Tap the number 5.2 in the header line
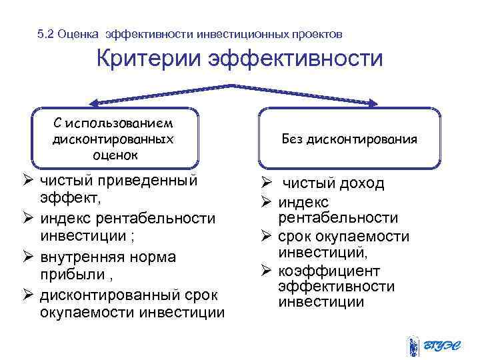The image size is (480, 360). [x=47, y=33]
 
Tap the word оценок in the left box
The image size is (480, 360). [x=113, y=154]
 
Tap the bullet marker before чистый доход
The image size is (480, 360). [x=264, y=183]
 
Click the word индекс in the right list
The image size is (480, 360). [x=304, y=201]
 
